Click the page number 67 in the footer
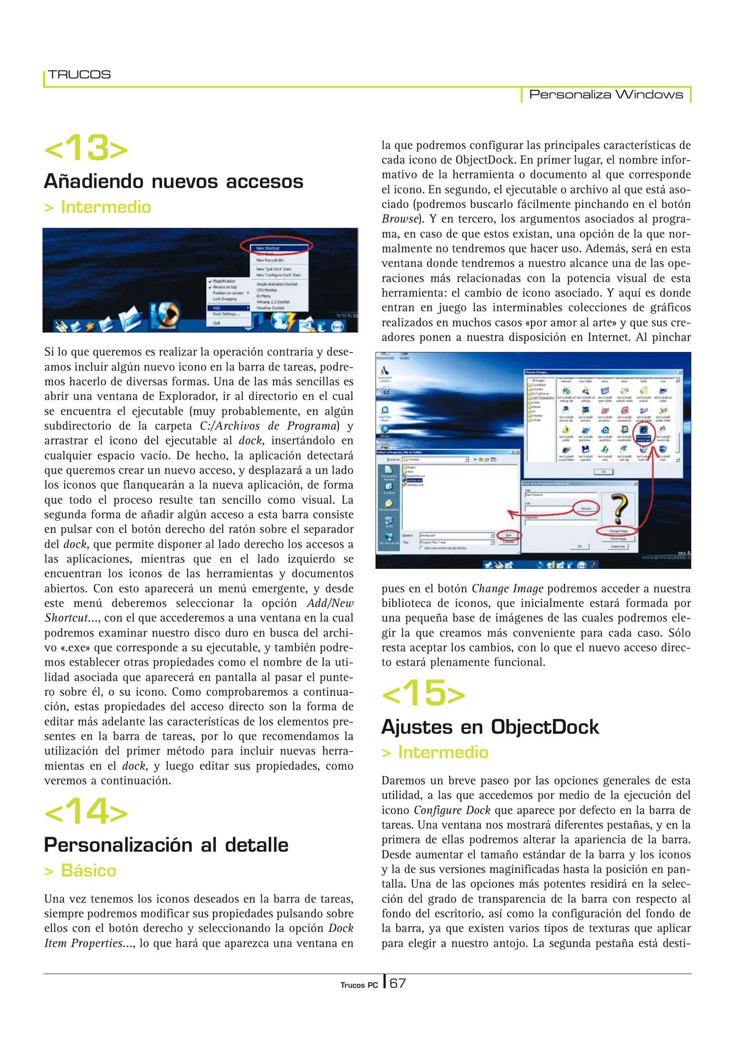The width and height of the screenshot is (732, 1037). [397, 983]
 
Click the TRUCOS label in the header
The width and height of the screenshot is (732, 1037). [79, 75]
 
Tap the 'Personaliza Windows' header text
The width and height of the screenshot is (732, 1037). [605, 95]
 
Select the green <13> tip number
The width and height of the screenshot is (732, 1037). [86, 148]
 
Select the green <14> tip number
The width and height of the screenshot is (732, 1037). [86, 812]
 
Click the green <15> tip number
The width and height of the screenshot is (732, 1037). [424, 694]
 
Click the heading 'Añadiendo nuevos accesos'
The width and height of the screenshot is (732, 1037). [174, 181]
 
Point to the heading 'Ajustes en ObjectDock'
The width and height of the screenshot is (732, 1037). [490, 727]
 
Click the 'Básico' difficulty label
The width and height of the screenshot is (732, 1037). [88, 870]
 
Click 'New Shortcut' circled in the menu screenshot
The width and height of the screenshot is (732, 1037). [269, 248]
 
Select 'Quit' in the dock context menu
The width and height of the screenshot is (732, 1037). [217, 323]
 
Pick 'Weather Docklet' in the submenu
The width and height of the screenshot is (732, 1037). [270, 308]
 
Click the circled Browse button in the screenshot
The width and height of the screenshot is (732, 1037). [586, 508]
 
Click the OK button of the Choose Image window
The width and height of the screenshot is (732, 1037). [603, 472]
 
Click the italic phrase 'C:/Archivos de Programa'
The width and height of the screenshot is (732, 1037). [268, 426]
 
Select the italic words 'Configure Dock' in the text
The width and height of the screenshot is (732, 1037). [452, 810]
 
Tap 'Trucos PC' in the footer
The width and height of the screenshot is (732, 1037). [359, 985]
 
